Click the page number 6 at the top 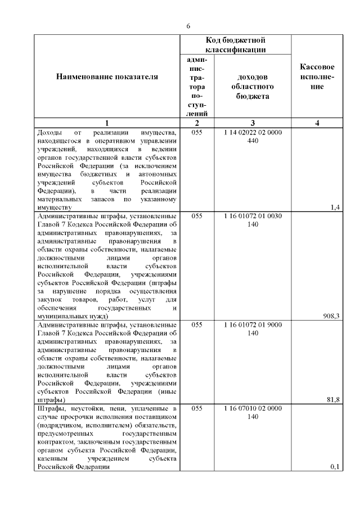[x=188, y=26]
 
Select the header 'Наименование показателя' [x=107, y=76]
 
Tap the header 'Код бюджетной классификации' [x=236, y=45]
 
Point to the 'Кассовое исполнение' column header [x=317, y=76]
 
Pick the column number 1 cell [x=107, y=123]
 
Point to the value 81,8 [x=333, y=399]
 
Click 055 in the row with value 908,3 [x=196, y=216]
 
